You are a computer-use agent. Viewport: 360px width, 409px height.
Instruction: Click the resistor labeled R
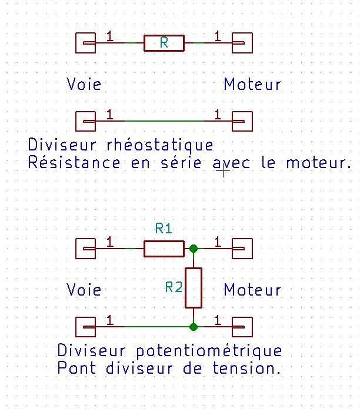coord(164,43)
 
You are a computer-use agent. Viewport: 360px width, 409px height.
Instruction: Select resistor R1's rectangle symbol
coord(164,249)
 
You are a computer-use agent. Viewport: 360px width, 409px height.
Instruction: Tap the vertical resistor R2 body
coord(194,288)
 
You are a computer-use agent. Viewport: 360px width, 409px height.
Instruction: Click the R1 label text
coord(164,229)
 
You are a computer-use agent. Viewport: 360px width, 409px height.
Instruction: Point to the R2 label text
coord(174,287)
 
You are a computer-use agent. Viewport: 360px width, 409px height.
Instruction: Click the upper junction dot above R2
coord(194,249)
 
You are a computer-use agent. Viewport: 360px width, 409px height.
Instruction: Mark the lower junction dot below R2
coord(194,326)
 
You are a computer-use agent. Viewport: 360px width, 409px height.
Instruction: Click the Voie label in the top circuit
coord(84,84)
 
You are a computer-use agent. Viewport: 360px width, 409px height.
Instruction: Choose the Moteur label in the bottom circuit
coord(252,290)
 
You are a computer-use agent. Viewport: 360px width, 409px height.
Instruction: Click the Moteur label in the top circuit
coord(252,84)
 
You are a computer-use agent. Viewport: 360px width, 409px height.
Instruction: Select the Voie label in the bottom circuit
coord(84,290)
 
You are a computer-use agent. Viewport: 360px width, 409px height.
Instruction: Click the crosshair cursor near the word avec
coord(223,172)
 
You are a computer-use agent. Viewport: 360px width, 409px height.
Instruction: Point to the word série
coord(182,162)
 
